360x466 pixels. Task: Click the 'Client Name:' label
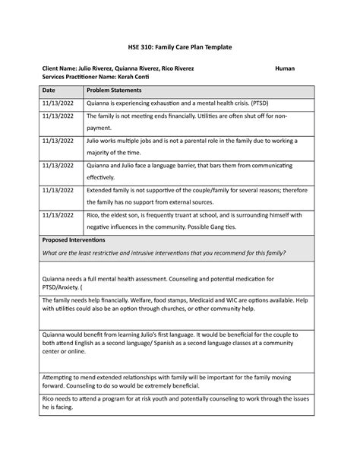(x=63, y=68)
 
